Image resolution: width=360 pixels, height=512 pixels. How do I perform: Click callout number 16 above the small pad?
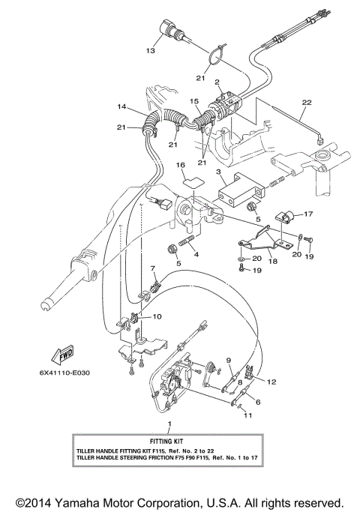[x=181, y=164]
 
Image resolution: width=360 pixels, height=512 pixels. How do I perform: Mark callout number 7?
[x=153, y=268]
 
